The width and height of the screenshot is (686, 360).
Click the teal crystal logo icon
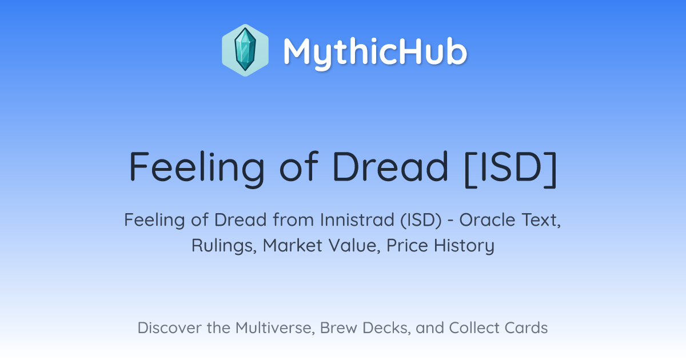click(245, 50)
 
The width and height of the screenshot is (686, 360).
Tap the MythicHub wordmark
click(375, 53)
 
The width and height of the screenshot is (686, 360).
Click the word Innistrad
click(357, 220)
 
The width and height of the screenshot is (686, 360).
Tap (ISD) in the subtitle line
click(421, 220)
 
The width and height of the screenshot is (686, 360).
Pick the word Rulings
click(224, 246)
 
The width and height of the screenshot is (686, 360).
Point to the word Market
click(293, 246)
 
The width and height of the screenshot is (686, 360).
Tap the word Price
click(407, 246)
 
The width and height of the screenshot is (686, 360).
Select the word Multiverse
click(275, 328)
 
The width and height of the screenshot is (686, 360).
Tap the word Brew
click(338, 328)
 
